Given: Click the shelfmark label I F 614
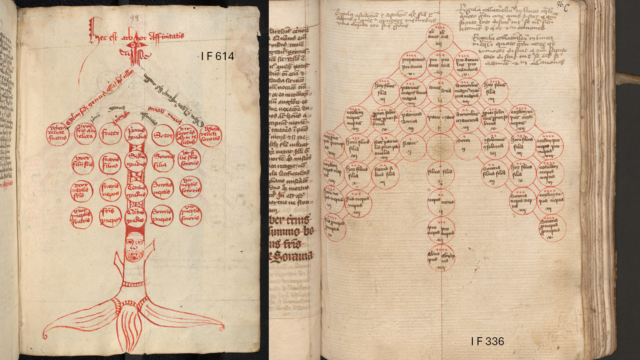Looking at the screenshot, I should point(218,56).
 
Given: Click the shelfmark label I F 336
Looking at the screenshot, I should point(487,341).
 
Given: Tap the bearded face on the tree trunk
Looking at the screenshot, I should point(135,247).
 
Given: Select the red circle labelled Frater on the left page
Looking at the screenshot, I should point(110,134).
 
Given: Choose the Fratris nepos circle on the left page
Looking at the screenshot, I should point(110,190).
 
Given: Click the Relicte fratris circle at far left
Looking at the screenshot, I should point(58,134).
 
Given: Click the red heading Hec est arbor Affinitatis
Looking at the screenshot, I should point(136,37).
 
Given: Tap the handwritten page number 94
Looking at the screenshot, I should point(134,18).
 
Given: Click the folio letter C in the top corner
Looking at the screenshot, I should point(566,8).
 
